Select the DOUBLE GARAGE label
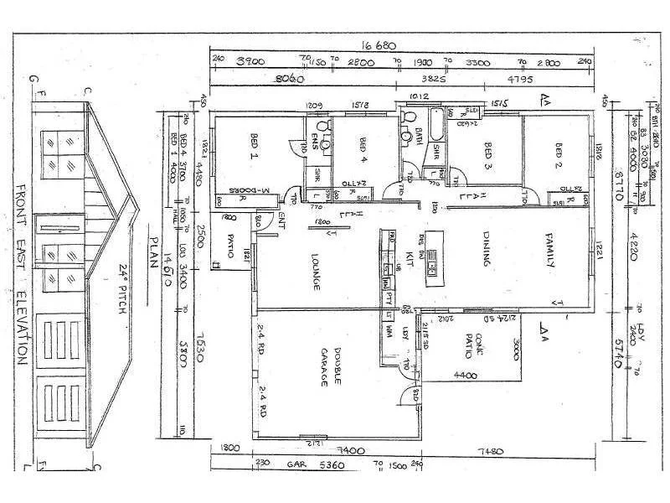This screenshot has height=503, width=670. pos(328,367)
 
